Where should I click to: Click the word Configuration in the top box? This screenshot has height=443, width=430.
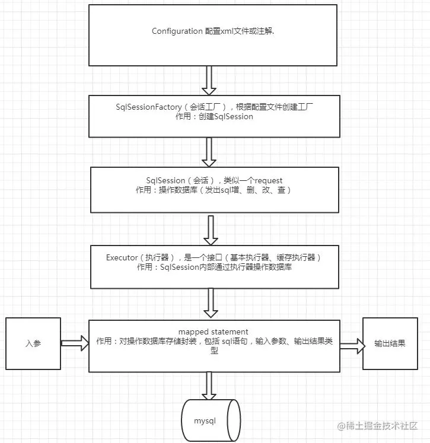[x=177, y=31]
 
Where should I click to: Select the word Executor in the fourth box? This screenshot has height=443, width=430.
[x=122, y=258]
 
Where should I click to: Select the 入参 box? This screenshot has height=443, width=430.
[x=33, y=343]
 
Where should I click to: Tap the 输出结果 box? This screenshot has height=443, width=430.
[x=390, y=343]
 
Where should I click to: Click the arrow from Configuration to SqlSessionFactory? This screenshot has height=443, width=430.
[x=209, y=81]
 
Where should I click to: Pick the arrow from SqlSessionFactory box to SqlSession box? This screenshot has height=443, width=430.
[x=209, y=152]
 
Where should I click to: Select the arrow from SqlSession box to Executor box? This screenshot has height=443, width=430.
[x=210, y=229]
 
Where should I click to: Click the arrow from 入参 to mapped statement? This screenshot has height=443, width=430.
[x=74, y=343]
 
